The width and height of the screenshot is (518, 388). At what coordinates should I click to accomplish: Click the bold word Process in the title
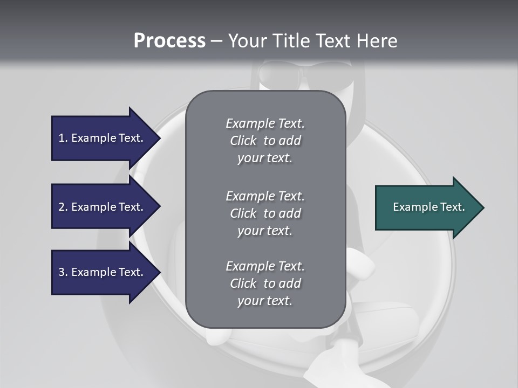[x=169, y=41]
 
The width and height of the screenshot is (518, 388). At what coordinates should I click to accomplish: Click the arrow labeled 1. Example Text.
[x=103, y=138]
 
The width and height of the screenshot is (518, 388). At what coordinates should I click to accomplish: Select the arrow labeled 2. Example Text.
[x=103, y=207]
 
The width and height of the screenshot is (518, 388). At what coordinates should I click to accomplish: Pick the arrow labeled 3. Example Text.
[x=103, y=272]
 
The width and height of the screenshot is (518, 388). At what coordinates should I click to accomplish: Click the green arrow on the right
[x=426, y=207]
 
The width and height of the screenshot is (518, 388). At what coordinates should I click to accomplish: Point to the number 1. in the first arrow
[x=63, y=138]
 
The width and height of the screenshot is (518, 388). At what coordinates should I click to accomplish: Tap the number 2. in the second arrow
[x=63, y=207]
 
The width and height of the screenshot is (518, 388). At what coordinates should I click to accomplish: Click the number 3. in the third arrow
[x=63, y=272]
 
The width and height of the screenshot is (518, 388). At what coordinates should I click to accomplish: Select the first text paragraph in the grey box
[x=265, y=141]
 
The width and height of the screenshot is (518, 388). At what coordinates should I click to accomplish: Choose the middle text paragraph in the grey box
[x=265, y=213]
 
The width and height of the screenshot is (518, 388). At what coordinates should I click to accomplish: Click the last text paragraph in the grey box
[x=265, y=283]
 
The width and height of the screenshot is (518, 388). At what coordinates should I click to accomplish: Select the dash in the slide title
[x=216, y=41]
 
